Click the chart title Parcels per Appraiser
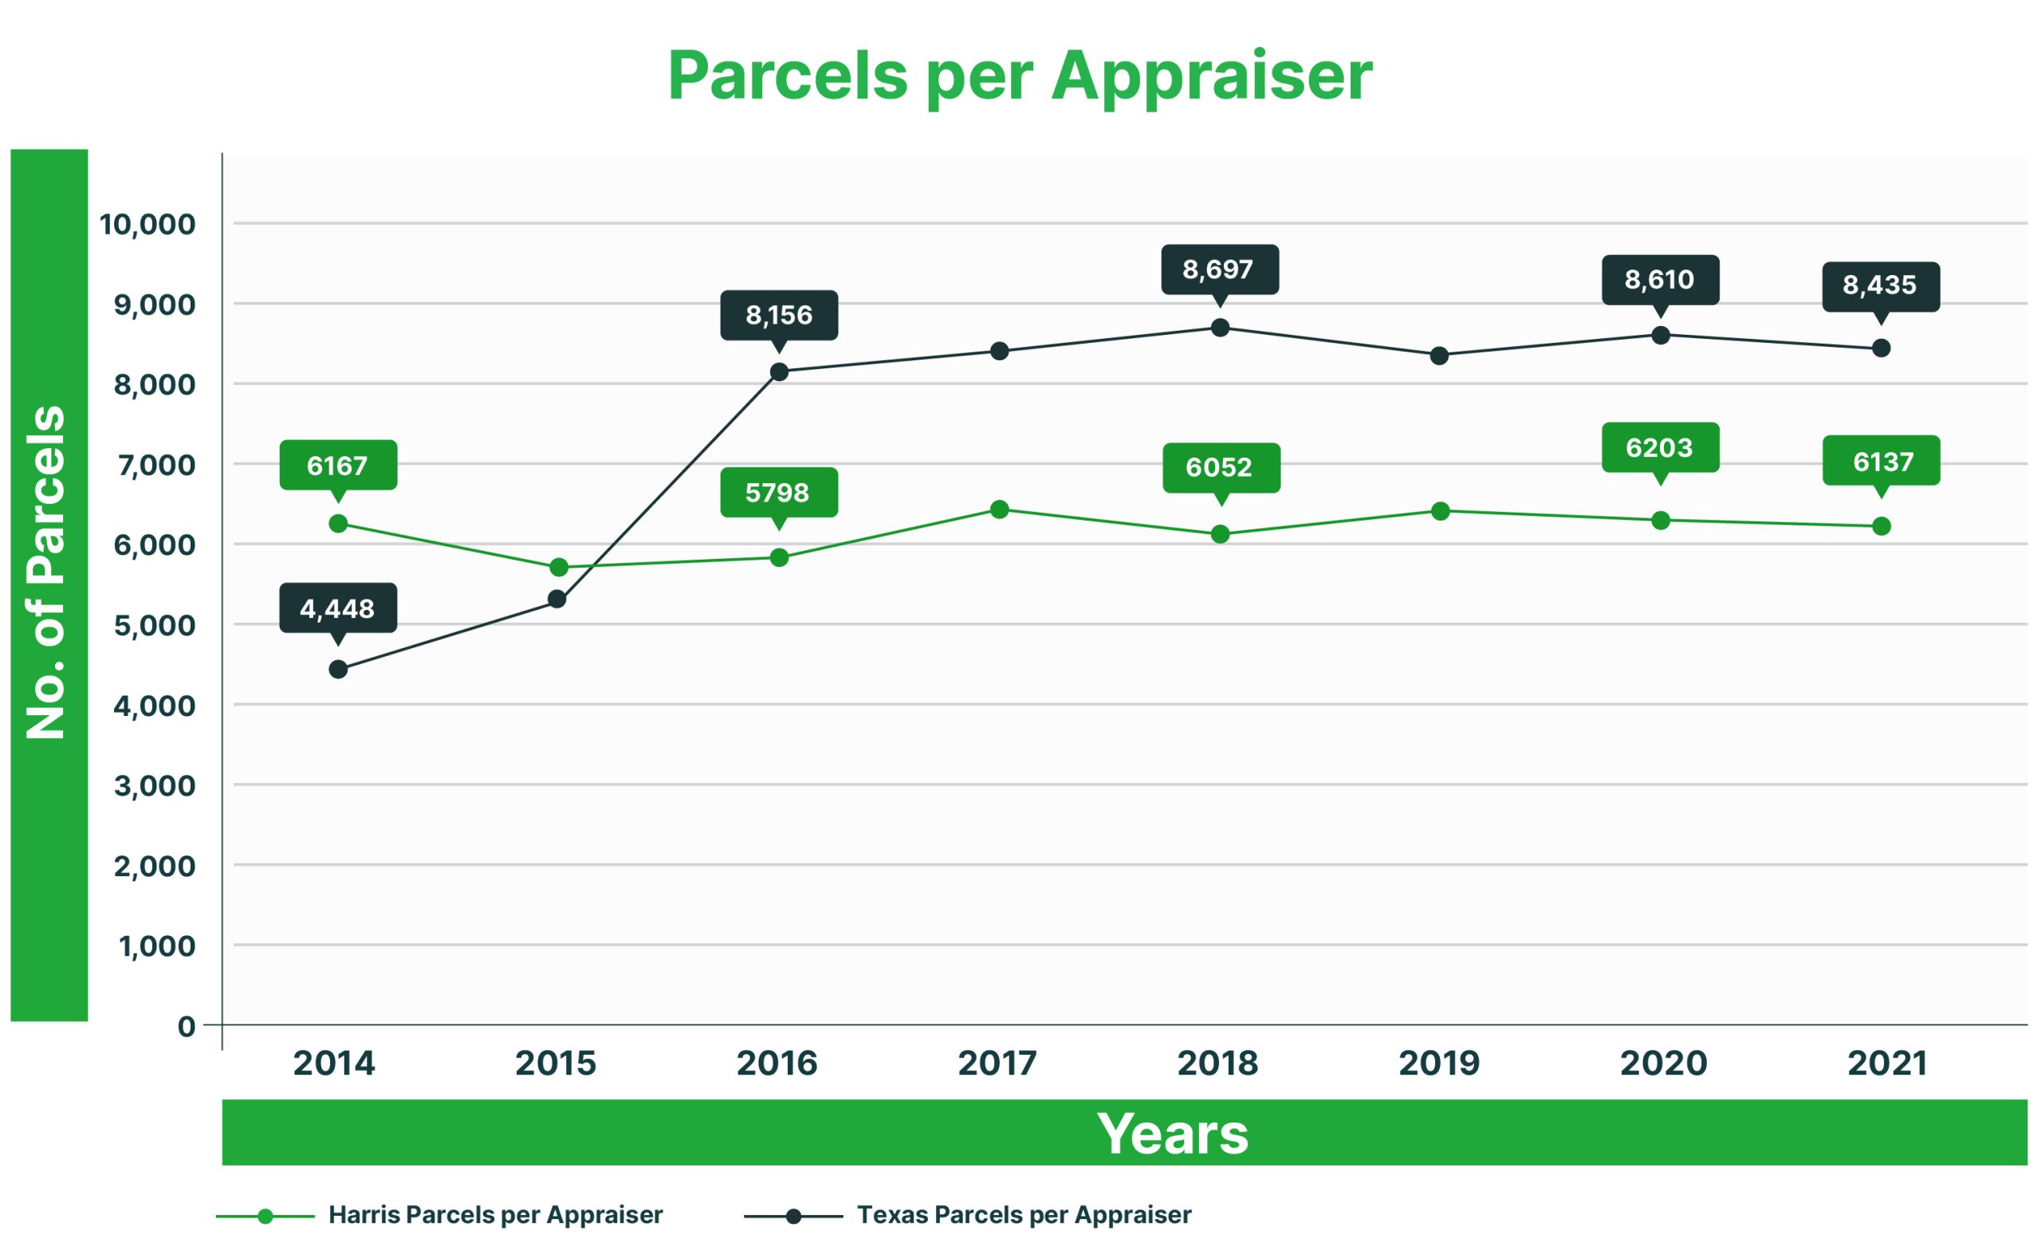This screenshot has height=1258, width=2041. click(x=1019, y=76)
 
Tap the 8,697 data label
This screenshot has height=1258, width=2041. click(x=1220, y=269)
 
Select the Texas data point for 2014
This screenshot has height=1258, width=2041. click(x=338, y=670)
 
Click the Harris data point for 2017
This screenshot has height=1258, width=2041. click(x=999, y=509)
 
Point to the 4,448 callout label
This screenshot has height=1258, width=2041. click(x=338, y=608)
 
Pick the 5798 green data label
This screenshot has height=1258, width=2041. click(x=778, y=493)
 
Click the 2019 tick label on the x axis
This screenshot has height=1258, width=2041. click(x=1438, y=1063)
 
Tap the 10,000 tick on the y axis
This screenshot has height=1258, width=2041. click(x=147, y=224)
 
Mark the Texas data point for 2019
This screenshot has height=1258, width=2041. click(x=1439, y=356)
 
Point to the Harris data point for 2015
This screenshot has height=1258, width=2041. click(x=559, y=568)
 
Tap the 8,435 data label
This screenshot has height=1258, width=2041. click(x=1880, y=285)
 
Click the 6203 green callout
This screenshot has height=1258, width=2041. click(x=1660, y=447)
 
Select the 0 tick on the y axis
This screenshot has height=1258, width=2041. click(x=187, y=1026)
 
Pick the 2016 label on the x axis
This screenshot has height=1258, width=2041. click(x=777, y=1063)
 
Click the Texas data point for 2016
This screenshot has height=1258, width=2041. click(x=779, y=372)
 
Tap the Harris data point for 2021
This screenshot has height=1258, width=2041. click(x=1882, y=526)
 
